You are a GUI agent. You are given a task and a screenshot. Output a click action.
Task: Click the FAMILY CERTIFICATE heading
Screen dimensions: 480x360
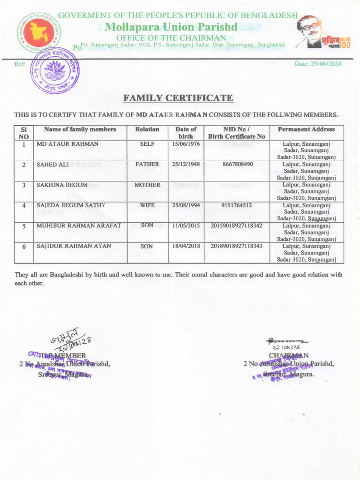(x=178, y=98)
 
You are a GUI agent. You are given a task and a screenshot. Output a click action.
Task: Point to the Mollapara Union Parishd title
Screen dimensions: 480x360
(x=171, y=27)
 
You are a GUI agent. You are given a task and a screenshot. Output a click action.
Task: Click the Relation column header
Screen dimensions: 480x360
(x=147, y=129)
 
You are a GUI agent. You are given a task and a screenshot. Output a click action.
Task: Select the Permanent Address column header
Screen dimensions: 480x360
(x=306, y=129)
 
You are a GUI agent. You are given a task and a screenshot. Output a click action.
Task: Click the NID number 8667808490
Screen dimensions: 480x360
(x=237, y=165)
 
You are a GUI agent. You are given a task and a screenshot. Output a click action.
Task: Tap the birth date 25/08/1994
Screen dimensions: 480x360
(x=186, y=205)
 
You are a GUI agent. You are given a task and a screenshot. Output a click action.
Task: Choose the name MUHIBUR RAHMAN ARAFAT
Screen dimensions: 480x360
(x=79, y=225)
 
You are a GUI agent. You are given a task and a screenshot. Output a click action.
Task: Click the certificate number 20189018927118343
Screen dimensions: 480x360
(x=237, y=246)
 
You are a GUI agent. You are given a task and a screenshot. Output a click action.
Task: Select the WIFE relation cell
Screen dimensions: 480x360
(x=147, y=205)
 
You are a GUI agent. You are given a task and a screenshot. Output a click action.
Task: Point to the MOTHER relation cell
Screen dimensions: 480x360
(x=147, y=185)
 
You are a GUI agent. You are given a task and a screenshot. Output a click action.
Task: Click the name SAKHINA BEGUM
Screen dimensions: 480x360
(x=62, y=185)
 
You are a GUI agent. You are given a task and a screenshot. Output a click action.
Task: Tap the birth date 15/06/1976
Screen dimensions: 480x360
(x=186, y=144)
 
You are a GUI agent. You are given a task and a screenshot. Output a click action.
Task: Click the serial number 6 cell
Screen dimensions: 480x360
(x=23, y=247)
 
